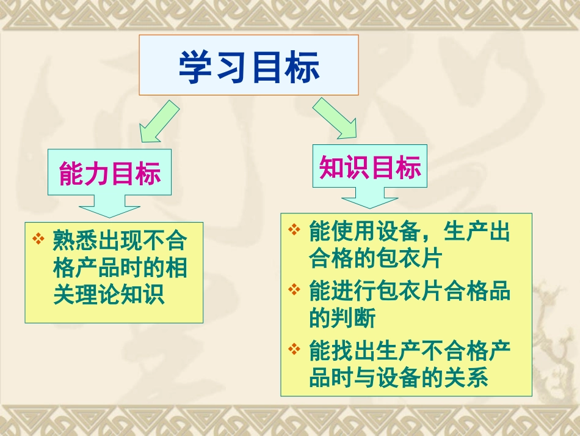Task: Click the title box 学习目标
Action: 248,65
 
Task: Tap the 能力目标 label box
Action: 110,174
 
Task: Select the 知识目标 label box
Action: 370,166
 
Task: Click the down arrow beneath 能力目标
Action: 109,206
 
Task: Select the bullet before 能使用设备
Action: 295,230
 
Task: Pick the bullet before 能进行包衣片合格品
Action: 295,289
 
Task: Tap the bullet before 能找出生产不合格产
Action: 295,349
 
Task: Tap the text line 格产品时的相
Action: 120,268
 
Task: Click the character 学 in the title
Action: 195,67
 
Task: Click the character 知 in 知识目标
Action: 332,166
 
